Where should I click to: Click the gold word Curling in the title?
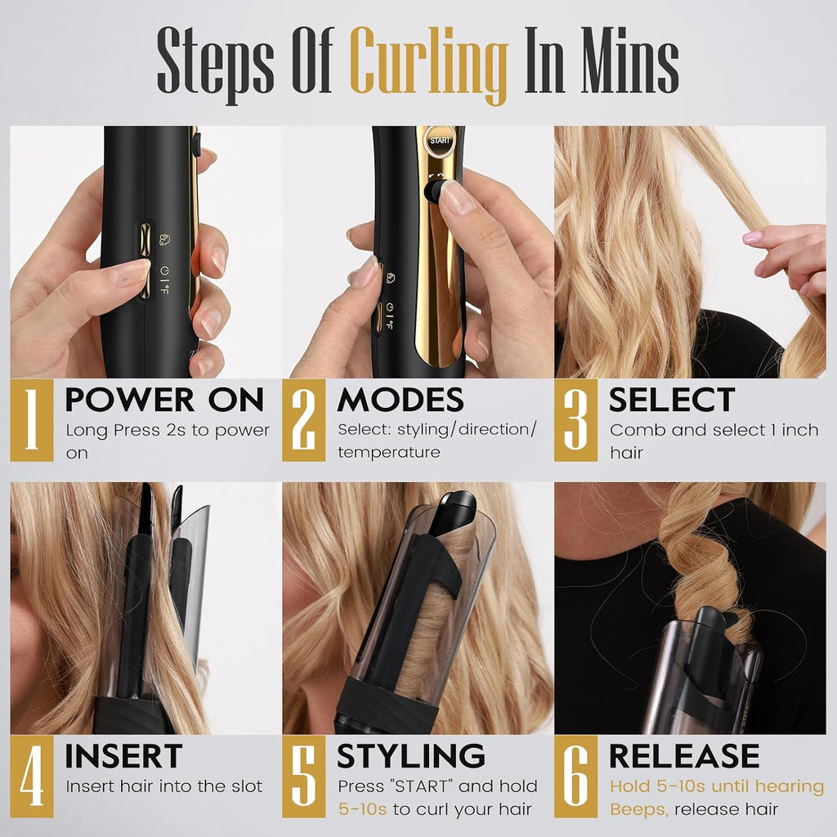tap(428, 64)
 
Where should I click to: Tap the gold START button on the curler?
tap(440, 141)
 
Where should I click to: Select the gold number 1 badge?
tap(32, 420)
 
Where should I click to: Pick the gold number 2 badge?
tap(304, 420)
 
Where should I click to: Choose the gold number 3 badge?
tap(576, 420)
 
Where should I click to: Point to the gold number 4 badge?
tap(32, 777)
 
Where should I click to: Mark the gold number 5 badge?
tap(304, 777)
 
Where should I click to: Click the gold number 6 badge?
tap(576, 777)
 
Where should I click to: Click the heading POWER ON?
tap(164, 399)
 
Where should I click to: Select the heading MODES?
tap(401, 399)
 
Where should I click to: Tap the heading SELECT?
tap(672, 399)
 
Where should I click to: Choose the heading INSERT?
tap(123, 756)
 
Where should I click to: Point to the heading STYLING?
tap(411, 756)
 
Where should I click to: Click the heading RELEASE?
tap(684, 756)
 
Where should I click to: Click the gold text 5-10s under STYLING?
tap(362, 809)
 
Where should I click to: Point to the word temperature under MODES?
tap(389, 452)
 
